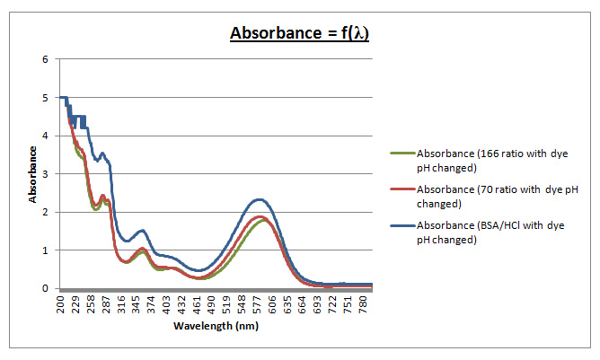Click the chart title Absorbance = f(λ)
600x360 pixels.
coord(299,34)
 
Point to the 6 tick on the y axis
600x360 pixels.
coord(45,59)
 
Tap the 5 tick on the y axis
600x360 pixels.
coord(45,98)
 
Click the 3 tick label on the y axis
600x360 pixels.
coord(45,174)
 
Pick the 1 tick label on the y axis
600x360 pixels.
coord(45,250)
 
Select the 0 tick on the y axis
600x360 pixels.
coord(45,288)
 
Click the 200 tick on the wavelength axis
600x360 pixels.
coord(62,303)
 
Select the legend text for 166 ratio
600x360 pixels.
coord(480,161)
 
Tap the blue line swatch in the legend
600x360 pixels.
coord(402,226)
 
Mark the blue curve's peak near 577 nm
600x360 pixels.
coord(260,199)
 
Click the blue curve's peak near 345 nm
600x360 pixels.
coord(141,230)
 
